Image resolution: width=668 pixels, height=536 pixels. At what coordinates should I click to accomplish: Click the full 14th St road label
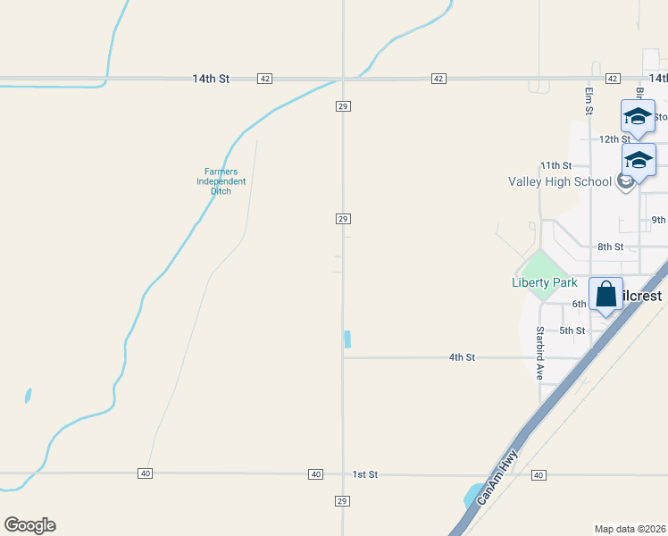(211, 79)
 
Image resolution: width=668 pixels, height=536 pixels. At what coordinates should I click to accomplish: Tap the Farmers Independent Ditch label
(221, 181)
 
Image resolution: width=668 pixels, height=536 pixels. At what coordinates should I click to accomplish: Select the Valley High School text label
(560, 181)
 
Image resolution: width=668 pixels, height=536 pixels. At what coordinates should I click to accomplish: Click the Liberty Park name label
(544, 283)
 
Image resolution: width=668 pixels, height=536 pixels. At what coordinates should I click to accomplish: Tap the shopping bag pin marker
(605, 296)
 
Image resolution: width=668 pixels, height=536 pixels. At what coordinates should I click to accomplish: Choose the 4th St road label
(462, 357)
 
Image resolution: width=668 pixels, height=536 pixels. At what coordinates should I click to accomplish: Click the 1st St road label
(365, 474)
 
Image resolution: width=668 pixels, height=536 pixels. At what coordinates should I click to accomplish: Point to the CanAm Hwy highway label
(497, 478)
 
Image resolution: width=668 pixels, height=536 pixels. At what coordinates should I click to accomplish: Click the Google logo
(29, 525)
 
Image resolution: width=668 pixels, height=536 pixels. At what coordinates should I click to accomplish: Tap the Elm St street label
(589, 101)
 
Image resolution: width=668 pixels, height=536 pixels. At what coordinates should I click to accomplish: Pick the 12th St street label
(614, 139)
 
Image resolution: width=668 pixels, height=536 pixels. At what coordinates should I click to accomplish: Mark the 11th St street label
(555, 165)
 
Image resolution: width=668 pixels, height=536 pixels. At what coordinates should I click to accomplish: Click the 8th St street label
(610, 247)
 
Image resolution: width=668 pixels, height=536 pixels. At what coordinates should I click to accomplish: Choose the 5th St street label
(572, 331)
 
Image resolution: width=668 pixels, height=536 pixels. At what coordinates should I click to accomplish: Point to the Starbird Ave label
(540, 354)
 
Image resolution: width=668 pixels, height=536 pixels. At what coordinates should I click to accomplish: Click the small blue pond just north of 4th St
(347, 339)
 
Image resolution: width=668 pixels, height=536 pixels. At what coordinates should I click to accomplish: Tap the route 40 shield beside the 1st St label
(315, 474)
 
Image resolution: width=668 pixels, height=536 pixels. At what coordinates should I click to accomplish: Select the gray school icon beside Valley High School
(625, 181)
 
